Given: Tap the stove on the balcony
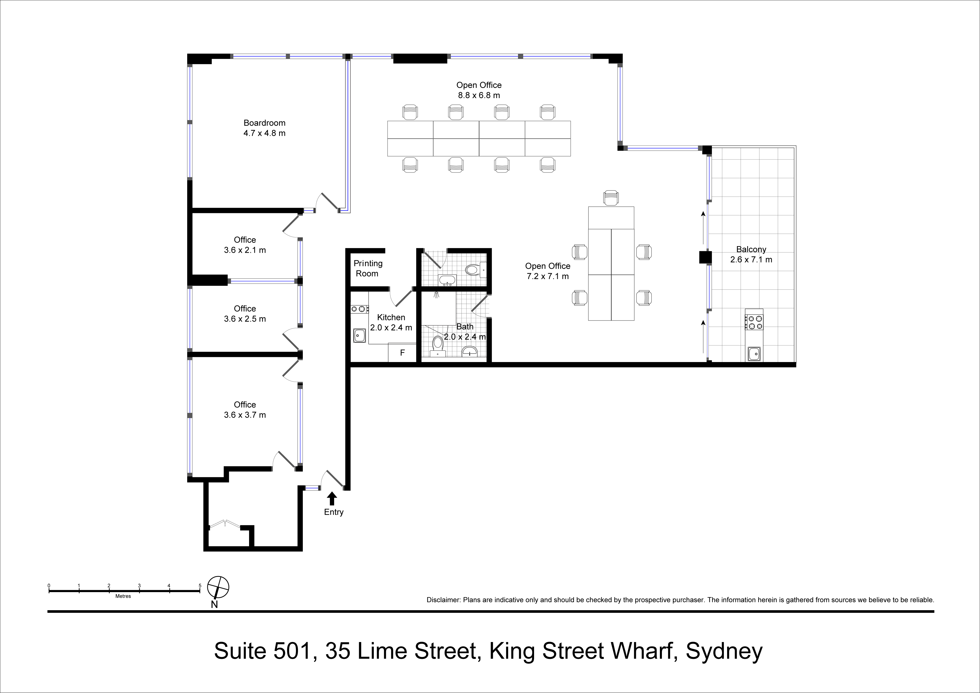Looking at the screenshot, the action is click(x=754, y=322).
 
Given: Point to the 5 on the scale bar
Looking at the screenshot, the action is click(x=200, y=585).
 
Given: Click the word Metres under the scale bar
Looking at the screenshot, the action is click(x=123, y=596).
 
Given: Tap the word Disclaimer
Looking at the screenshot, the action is click(x=443, y=600).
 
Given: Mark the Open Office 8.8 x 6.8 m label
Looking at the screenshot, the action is click(x=479, y=90).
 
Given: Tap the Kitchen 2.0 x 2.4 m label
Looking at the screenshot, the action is click(x=391, y=322).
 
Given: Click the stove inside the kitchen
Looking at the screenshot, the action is click(x=360, y=309).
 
